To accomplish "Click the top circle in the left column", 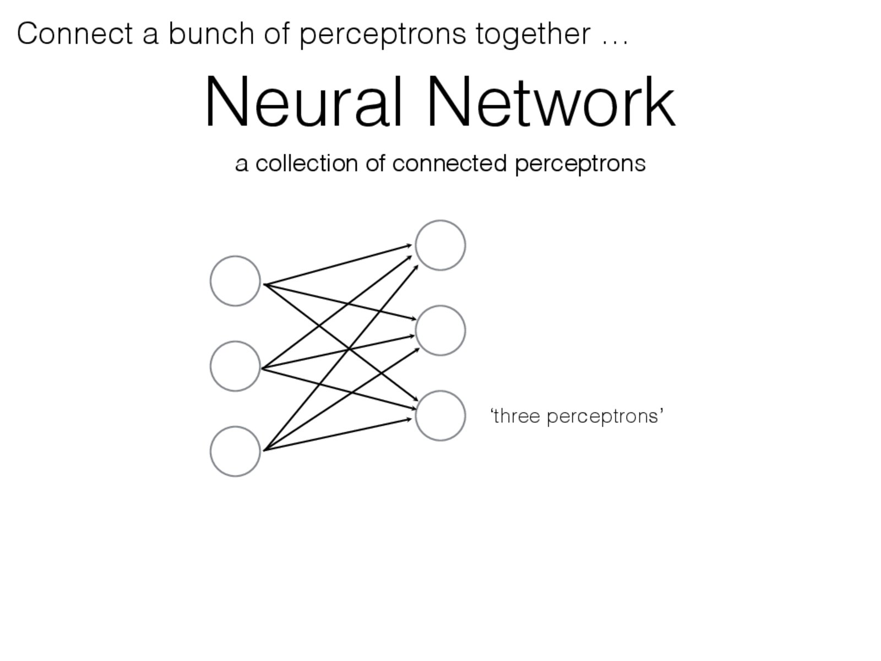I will [x=235, y=281].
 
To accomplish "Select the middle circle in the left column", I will [x=235, y=366].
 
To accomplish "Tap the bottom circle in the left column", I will [x=235, y=451].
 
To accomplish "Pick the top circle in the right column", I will [x=440, y=245].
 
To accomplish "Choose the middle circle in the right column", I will [x=440, y=330].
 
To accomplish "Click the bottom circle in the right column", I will [x=440, y=416].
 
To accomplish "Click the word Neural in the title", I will [x=303, y=104].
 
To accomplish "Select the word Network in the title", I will [x=550, y=104].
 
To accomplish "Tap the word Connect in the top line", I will [x=74, y=34].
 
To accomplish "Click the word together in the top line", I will [x=533, y=34].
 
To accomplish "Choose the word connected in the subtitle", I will [x=449, y=164].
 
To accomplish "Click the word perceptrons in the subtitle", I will [x=580, y=165].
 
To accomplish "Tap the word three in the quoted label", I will [x=515, y=416].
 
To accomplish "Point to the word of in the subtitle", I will [x=375, y=164].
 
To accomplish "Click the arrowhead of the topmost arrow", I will [x=410, y=245].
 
